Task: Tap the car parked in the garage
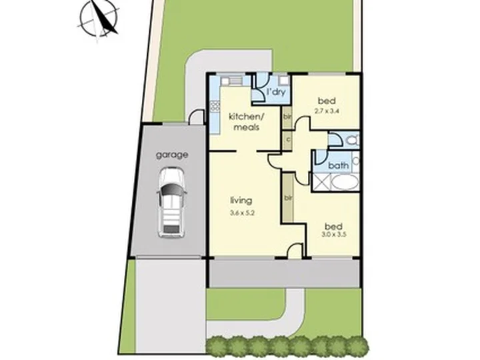pyautogui.click(x=171, y=203)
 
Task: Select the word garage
pyautogui.click(x=172, y=155)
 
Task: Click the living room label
pyautogui.click(x=241, y=201)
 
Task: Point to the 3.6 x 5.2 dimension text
pyautogui.click(x=243, y=213)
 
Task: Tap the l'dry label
pyautogui.click(x=276, y=92)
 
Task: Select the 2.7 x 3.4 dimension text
pyautogui.click(x=327, y=111)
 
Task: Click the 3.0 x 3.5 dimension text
pyautogui.click(x=334, y=235)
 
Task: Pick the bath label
pyautogui.click(x=339, y=165)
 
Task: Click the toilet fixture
pyautogui.click(x=353, y=141)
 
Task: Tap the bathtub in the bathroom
pyautogui.click(x=345, y=183)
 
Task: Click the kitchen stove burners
pyautogui.click(x=215, y=106)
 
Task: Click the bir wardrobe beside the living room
pyautogui.click(x=288, y=199)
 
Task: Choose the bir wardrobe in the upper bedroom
pyautogui.click(x=287, y=117)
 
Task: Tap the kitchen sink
pyautogui.click(x=235, y=81)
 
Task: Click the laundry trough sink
pyautogui.click(x=284, y=81)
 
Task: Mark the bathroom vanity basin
pyautogui.click(x=356, y=161)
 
